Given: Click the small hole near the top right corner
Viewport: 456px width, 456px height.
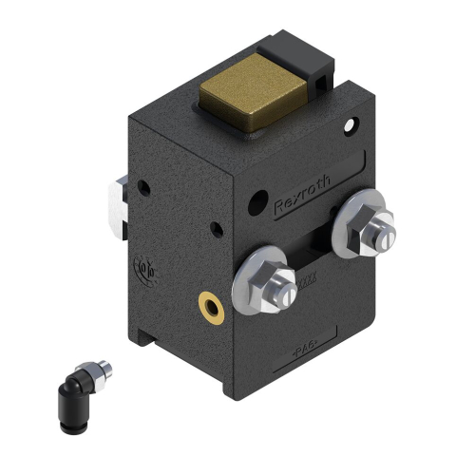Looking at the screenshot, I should pos(351,124).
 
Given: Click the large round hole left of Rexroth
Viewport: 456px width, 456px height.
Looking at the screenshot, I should pos(256,200).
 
